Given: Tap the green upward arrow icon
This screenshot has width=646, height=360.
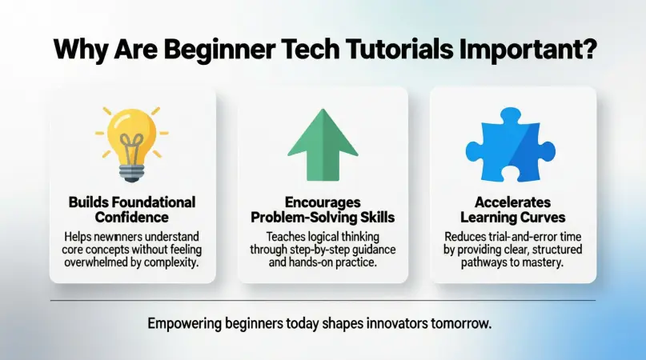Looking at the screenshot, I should [322, 144].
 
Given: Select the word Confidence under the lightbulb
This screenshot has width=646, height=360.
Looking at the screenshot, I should [132, 216].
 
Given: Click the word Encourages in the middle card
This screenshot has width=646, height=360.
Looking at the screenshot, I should [322, 203].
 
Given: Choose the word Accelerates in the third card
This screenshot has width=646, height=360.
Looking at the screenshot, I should [513, 203].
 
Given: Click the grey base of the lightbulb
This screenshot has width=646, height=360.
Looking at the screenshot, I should [132, 173].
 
